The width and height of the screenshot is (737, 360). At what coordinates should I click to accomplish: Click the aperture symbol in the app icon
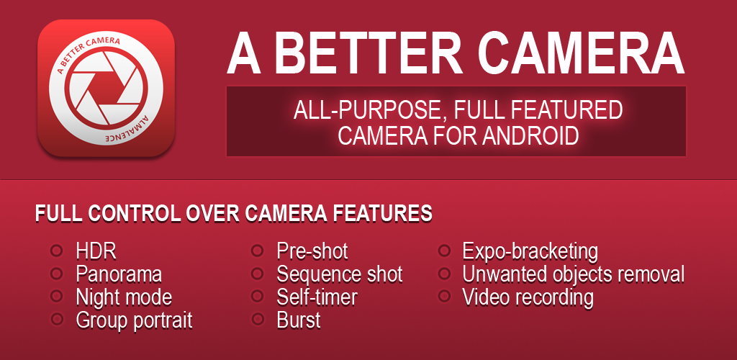click(x=107, y=88)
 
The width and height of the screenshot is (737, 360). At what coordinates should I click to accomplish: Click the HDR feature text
click(x=96, y=251)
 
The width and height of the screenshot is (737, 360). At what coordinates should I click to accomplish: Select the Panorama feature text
click(x=119, y=274)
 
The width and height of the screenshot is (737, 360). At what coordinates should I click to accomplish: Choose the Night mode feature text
click(x=124, y=297)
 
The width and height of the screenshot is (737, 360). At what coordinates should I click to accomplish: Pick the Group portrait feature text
click(x=135, y=320)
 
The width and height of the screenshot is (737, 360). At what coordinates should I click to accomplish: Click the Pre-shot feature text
click(x=312, y=251)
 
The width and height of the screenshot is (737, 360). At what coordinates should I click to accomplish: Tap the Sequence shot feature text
click(x=340, y=274)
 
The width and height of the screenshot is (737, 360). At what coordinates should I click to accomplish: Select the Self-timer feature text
click(x=317, y=297)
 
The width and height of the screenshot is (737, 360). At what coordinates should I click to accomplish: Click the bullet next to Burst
click(x=257, y=319)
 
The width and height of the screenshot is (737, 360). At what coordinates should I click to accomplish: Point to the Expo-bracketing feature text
click(x=530, y=252)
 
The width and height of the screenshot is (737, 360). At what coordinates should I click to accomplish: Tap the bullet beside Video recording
click(x=444, y=296)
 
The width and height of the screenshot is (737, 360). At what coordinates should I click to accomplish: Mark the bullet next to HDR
click(x=56, y=250)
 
